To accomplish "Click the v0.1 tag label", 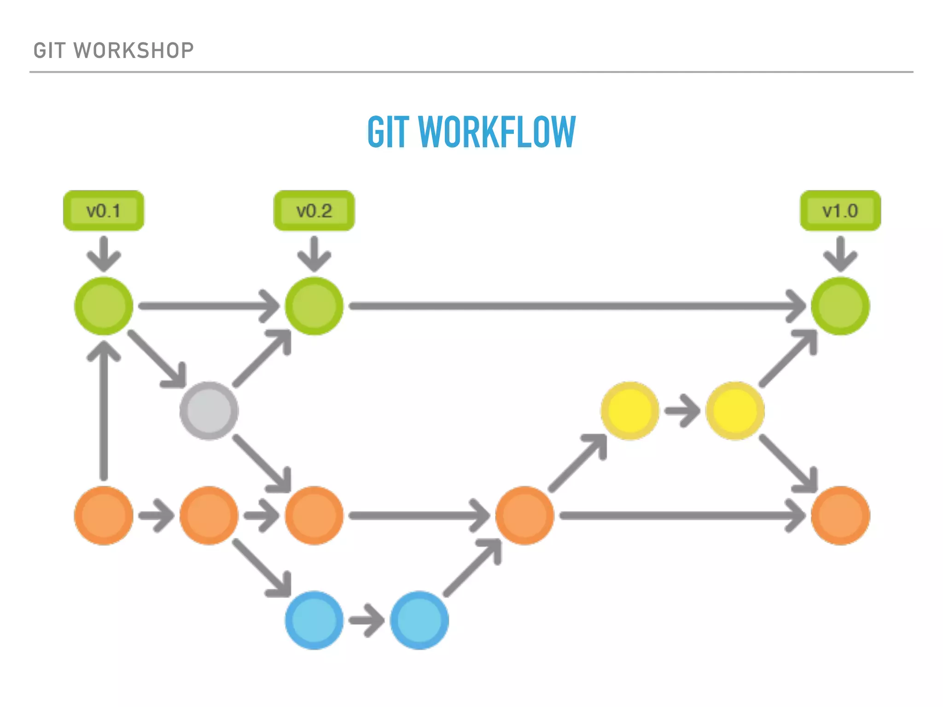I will [x=104, y=211].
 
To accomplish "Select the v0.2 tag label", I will [x=314, y=211].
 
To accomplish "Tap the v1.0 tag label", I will [x=840, y=211].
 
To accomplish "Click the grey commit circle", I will [x=209, y=411].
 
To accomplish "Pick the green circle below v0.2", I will [x=314, y=306].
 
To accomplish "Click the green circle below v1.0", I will [x=840, y=306].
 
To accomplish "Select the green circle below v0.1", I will [x=104, y=306].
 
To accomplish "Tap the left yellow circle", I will [x=630, y=411].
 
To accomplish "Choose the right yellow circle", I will [x=735, y=411].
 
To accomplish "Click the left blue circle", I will [x=314, y=620].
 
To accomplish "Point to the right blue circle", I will [x=419, y=620].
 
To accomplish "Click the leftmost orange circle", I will [x=104, y=516].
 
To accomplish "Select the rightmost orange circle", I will [x=840, y=516].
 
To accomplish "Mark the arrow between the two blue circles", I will [x=367, y=620].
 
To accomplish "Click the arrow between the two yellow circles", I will [x=682, y=410].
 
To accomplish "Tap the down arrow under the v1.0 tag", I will [x=840, y=254].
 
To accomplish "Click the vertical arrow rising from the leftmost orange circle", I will [x=104, y=410].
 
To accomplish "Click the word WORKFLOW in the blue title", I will [x=497, y=132].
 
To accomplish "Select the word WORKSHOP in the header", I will [x=134, y=51].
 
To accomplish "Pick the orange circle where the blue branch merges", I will [x=524, y=516].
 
